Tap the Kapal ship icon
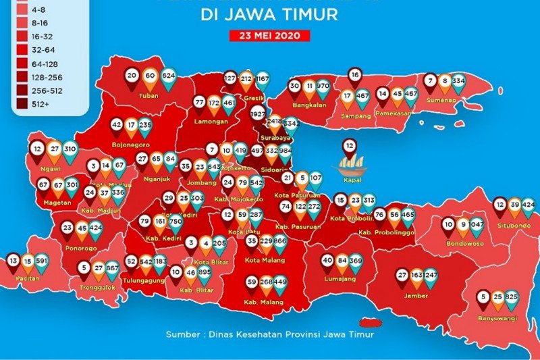pyautogui.click(x=349, y=164)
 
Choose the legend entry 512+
pyautogui.click(x=32, y=103)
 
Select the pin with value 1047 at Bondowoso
pyautogui.click(x=477, y=225)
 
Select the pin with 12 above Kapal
pyautogui.click(x=349, y=145)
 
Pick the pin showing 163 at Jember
pyautogui.click(x=416, y=276)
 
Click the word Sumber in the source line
pyautogui.click(x=181, y=334)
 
